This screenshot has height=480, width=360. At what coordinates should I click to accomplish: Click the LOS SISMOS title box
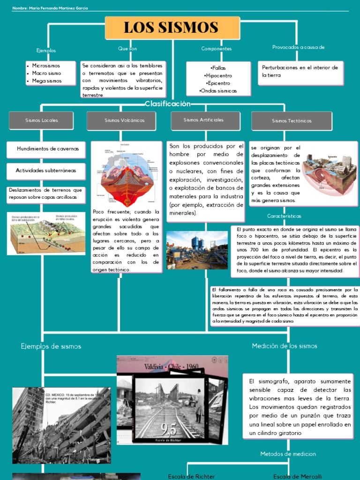(x=172, y=28)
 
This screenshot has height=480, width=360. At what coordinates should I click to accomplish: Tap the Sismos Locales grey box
(x=42, y=120)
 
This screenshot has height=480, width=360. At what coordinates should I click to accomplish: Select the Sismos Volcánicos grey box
(x=124, y=120)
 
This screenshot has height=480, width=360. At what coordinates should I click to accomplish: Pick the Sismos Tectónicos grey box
(x=292, y=121)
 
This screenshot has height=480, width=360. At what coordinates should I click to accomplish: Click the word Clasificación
(x=168, y=104)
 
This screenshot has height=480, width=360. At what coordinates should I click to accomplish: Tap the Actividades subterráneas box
(x=45, y=171)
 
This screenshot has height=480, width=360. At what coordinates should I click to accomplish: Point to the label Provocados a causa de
(x=298, y=47)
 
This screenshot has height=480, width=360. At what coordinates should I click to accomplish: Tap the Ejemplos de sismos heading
(x=51, y=346)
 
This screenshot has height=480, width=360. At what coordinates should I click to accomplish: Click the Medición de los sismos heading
(x=285, y=346)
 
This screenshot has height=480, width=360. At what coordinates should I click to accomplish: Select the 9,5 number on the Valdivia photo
(x=168, y=428)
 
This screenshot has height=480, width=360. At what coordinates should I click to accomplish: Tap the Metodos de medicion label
(x=288, y=454)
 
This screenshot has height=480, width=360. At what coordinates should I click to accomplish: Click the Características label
(x=284, y=216)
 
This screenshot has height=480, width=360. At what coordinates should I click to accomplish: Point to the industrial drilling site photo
(x=197, y=250)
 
